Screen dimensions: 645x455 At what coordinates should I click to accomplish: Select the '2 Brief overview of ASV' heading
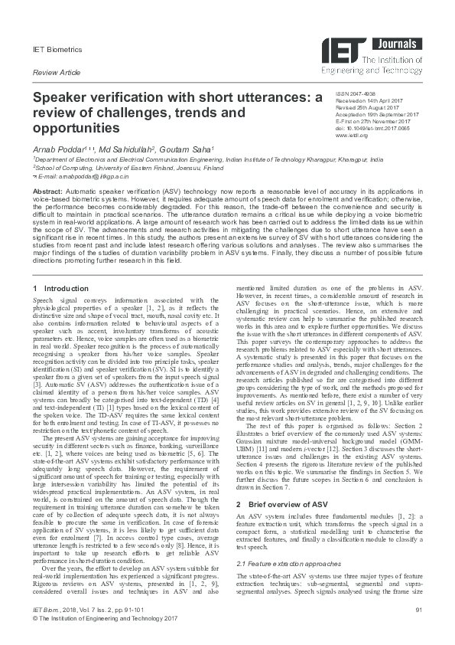tap(287, 506)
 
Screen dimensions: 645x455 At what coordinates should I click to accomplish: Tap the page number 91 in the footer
tap(418, 630)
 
